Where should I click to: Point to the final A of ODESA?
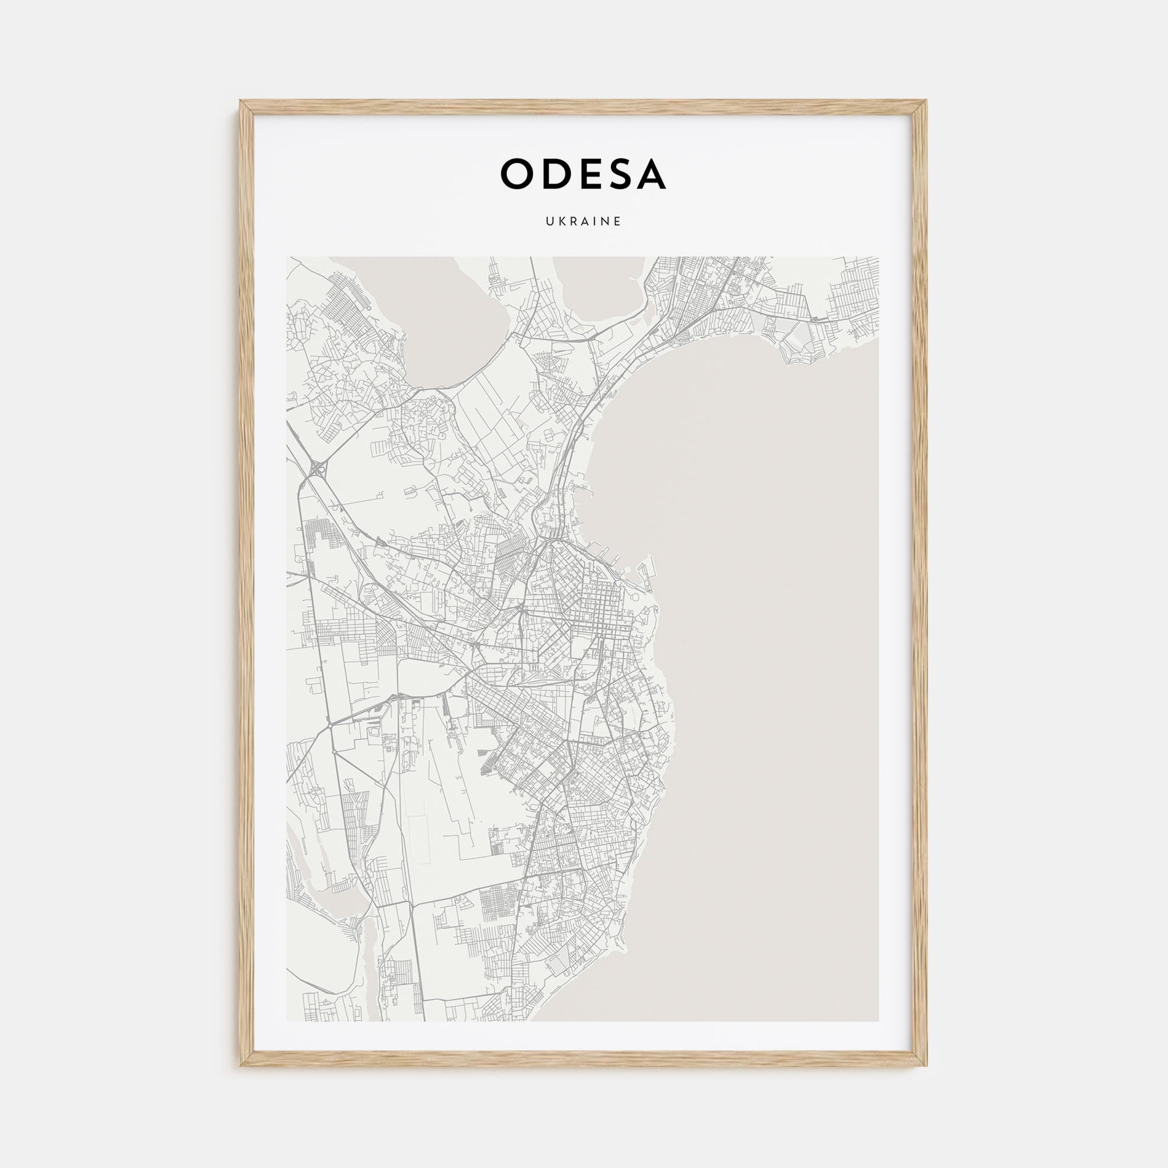[x=652, y=174]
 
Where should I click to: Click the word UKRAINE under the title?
[x=583, y=222]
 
